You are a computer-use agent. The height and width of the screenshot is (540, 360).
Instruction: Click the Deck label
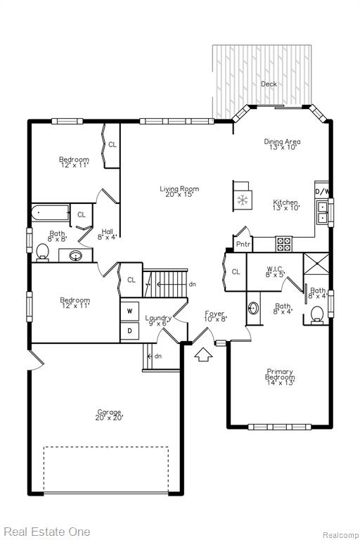point(269,84)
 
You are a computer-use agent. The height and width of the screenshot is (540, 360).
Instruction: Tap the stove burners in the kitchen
point(283,244)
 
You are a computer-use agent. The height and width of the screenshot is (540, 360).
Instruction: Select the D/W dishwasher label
point(322,191)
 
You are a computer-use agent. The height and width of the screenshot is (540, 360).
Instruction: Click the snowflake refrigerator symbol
point(243,200)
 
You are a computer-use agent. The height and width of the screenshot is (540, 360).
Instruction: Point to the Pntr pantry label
point(243,244)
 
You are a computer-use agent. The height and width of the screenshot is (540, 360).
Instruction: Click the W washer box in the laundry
point(129,311)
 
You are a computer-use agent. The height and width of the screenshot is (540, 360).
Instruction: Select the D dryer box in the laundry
point(129,331)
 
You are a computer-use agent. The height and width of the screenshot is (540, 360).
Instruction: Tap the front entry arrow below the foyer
point(203,354)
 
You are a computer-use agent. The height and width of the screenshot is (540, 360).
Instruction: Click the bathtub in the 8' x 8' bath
point(51,213)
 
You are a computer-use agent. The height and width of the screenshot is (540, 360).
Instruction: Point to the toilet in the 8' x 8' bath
point(43,252)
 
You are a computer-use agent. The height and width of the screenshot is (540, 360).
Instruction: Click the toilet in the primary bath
point(317,315)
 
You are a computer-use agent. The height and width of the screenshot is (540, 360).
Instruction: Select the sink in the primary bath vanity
point(254,308)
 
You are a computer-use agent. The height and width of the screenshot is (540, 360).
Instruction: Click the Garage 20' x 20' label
point(109,415)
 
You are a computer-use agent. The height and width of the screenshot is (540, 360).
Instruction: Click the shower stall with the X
point(316,264)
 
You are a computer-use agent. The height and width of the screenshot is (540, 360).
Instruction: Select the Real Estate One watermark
point(47,532)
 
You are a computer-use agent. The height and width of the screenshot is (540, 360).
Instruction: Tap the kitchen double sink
point(323,212)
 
